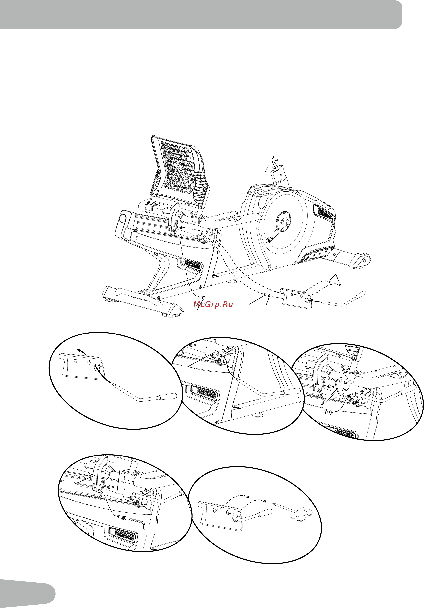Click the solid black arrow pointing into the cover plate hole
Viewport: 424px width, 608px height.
(x=315, y=301)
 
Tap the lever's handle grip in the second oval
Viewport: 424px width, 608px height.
(x=292, y=391)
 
